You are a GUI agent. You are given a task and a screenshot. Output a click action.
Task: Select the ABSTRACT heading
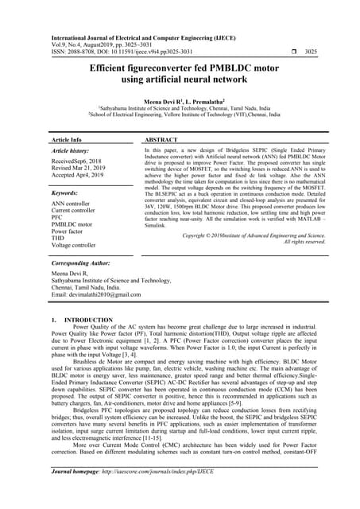point(161,139)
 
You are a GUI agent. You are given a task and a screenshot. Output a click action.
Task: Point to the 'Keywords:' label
point(64,192)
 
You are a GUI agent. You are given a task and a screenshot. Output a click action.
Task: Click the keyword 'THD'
point(58,238)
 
